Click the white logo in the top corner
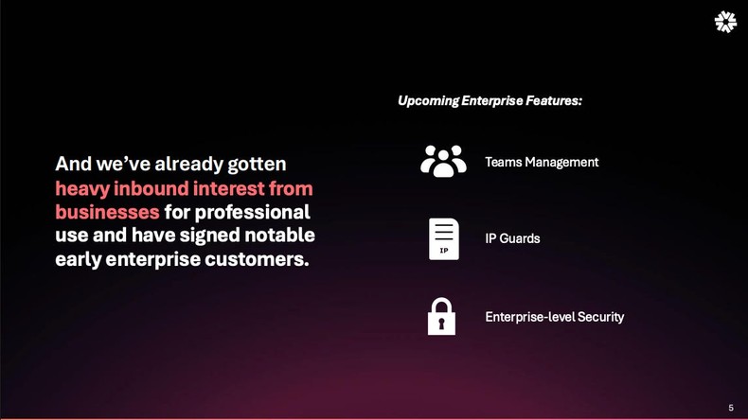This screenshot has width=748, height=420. pos(724,23)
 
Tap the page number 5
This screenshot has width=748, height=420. pos(731,408)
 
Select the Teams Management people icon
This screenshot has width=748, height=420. pos(443,162)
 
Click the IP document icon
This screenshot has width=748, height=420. pos(443,238)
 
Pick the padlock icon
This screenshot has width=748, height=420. pos(441,317)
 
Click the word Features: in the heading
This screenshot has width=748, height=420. pos(554,100)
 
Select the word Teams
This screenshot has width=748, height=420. pos(503,162)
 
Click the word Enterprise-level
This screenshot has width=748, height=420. pos(525,317)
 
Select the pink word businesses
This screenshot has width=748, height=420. pos(107,211)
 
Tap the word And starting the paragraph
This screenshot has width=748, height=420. pos(74,164)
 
